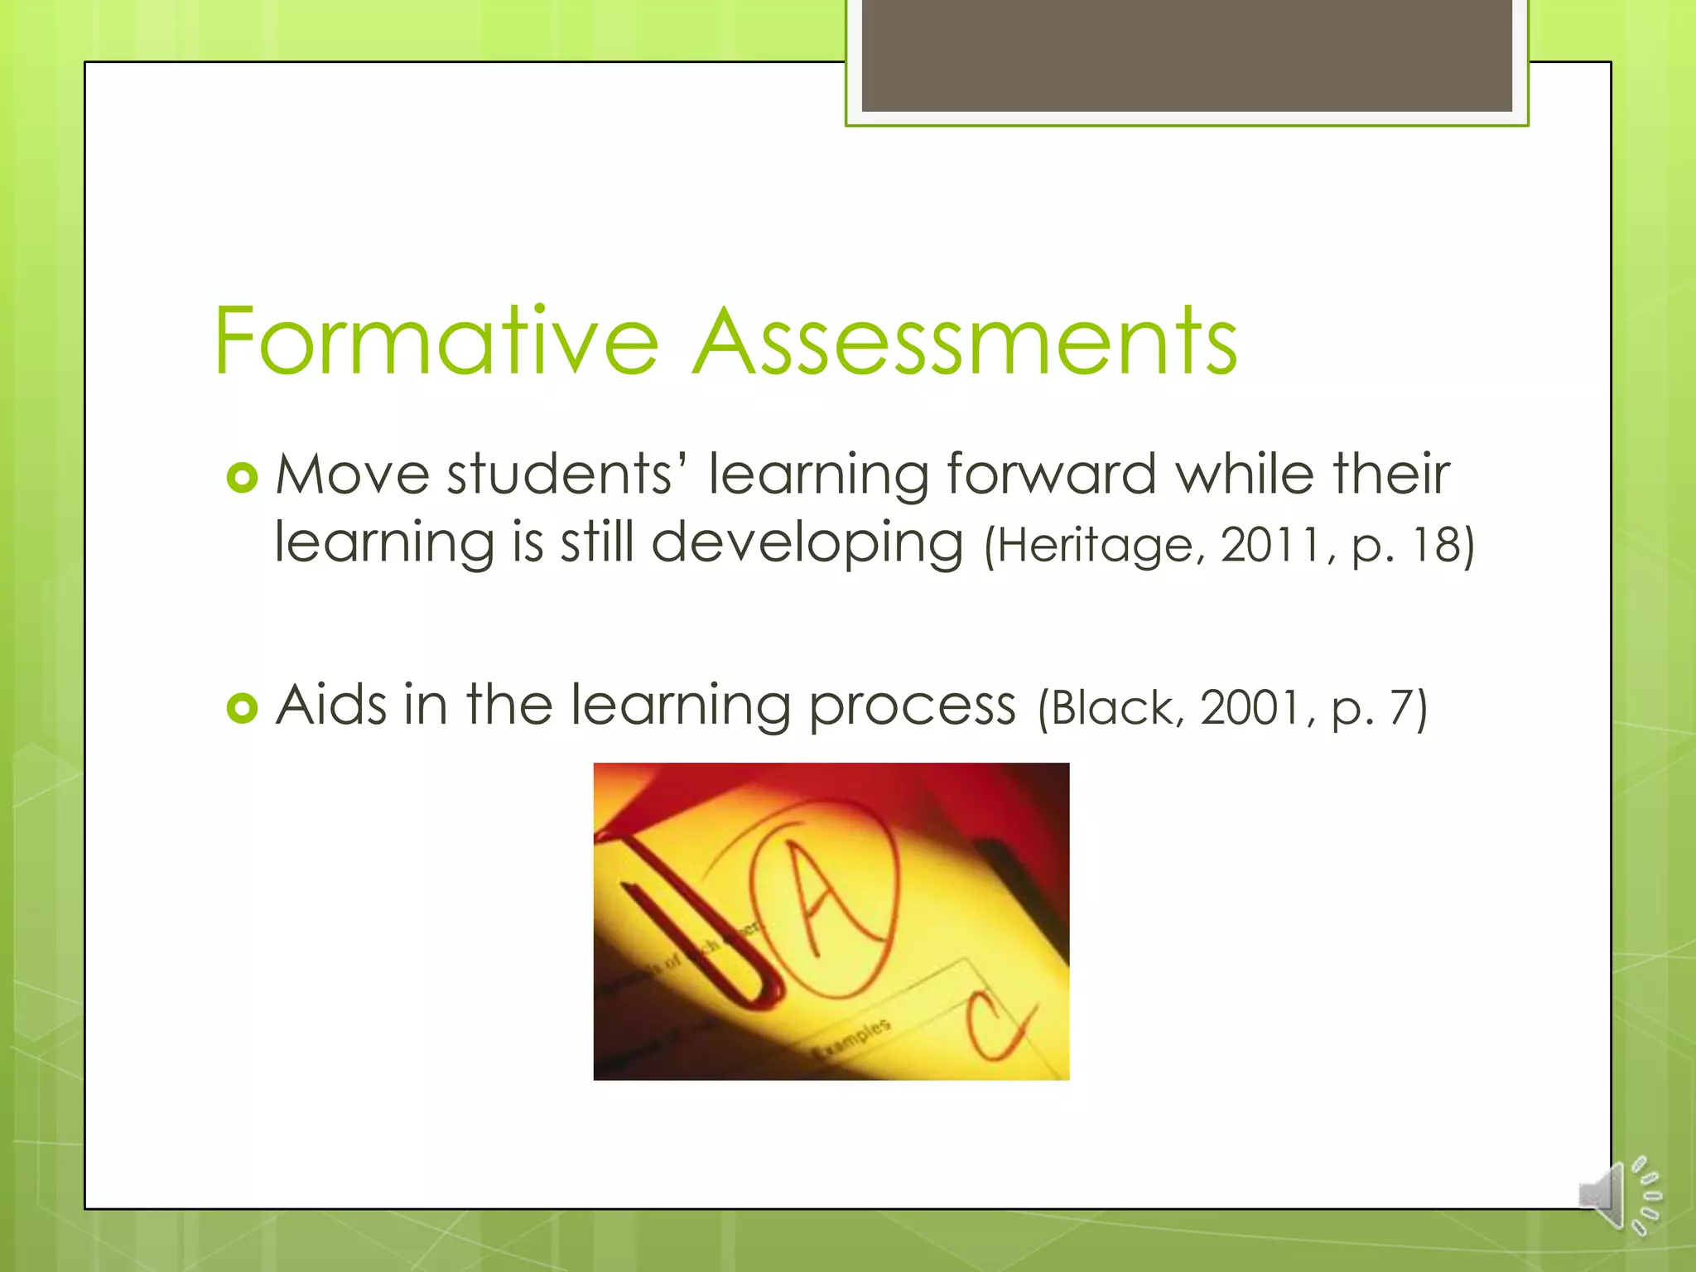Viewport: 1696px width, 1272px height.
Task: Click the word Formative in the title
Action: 436,341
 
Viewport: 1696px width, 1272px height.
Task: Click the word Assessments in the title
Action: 965,341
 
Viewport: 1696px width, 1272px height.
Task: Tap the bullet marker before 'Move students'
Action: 242,478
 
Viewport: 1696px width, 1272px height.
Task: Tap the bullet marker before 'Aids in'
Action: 242,708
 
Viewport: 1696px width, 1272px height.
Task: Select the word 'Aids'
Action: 331,706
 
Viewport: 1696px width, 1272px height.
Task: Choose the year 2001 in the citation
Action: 1253,710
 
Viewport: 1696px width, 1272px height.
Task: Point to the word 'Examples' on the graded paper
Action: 853,1039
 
